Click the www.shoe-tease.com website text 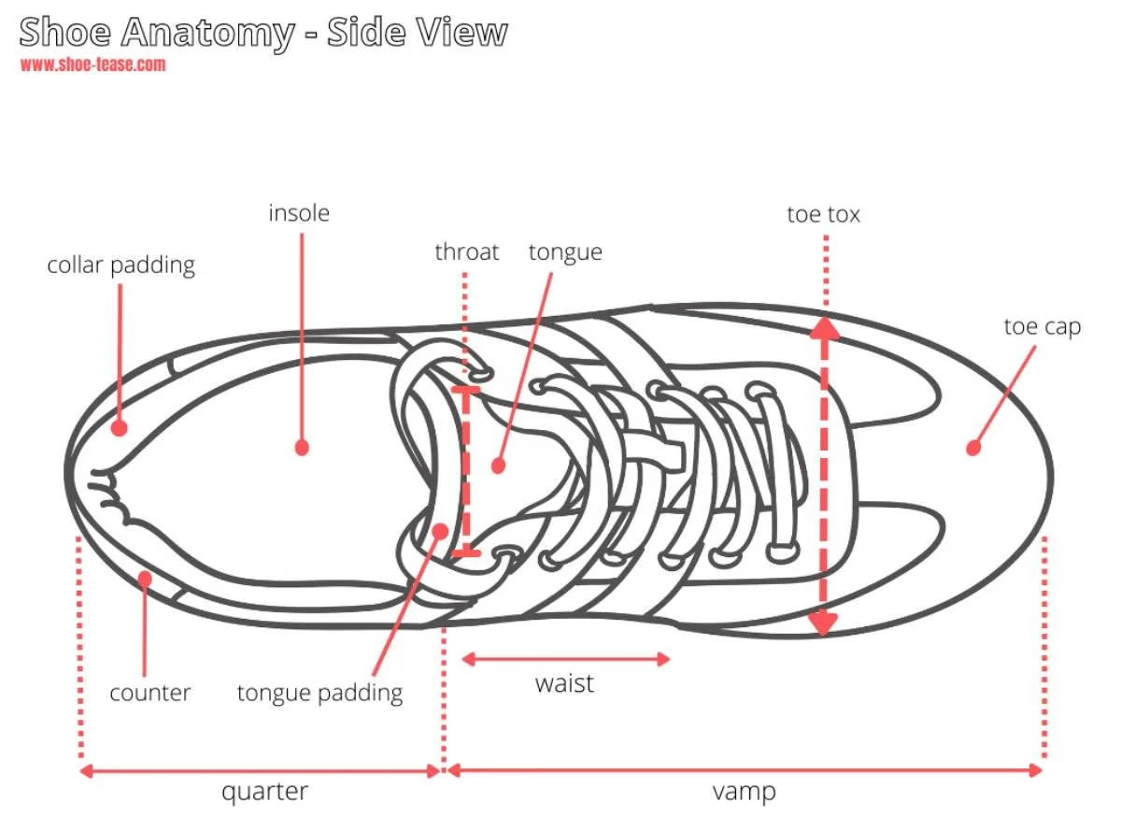pos(93,64)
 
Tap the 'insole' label pos(299,214)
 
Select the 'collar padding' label pos(121,266)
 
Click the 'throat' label pos(467,252)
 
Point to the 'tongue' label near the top pos(565,253)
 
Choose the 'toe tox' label pos(823,215)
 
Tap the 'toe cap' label pos(1043,328)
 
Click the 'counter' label pos(150,694)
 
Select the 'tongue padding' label pos(319,695)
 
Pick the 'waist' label pos(564,684)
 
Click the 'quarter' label pos(264,793)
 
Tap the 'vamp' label pos(745,793)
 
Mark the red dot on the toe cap pos(972,448)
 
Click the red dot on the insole pos(302,448)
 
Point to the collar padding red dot pos(120,428)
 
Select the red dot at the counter pos(145,579)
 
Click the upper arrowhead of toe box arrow pos(824,327)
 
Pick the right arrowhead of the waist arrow pos(663,659)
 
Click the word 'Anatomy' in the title pos(207,33)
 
